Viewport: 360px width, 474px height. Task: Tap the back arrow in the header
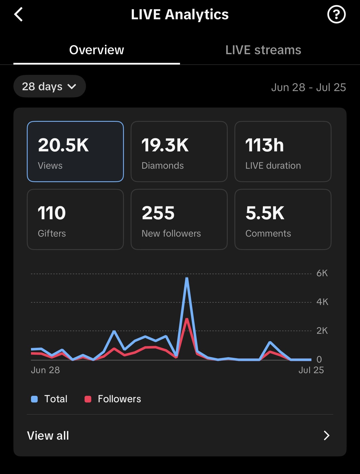18,15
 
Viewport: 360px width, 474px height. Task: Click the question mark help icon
336,15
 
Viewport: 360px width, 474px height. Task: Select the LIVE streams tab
263,50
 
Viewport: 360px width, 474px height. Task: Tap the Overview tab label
97,50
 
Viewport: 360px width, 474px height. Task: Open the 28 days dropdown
49,86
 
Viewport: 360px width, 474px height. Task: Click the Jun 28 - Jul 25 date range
308,87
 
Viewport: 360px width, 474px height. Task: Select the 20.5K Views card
75,151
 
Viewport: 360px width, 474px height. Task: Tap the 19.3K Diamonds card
179,151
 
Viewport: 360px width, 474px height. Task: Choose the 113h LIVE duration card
283,151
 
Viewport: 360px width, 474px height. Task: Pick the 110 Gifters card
75,219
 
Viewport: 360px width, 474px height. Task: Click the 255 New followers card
179,219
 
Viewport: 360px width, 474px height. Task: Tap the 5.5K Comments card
283,219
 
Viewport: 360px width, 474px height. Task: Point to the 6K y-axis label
322,273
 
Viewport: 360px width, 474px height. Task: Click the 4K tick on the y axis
322,302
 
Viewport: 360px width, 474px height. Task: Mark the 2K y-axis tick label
322,331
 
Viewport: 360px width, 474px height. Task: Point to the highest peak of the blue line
187,278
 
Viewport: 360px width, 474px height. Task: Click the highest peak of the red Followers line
187,319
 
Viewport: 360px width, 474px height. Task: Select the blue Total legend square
34,399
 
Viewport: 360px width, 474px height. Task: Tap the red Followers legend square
88,399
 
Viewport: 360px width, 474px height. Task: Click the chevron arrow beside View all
327,435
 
